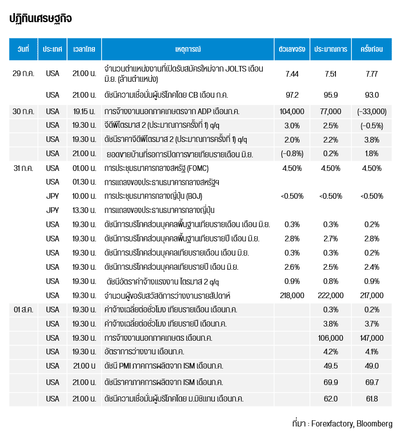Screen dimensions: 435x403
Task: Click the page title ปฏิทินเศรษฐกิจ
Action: (40, 19)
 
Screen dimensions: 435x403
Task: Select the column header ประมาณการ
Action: (331, 49)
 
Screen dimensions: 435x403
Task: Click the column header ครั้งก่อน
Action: (371, 49)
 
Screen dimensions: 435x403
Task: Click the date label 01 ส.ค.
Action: (23, 309)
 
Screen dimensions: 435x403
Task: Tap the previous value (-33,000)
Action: (371, 111)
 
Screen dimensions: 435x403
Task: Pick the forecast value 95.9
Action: (331, 95)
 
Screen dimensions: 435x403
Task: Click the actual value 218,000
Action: (292, 295)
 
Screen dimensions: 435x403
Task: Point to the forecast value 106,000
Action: (331, 338)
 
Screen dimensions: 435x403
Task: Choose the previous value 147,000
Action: (371, 338)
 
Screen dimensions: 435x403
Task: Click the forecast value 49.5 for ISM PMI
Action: (331, 366)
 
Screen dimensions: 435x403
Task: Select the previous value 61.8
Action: (371, 399)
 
